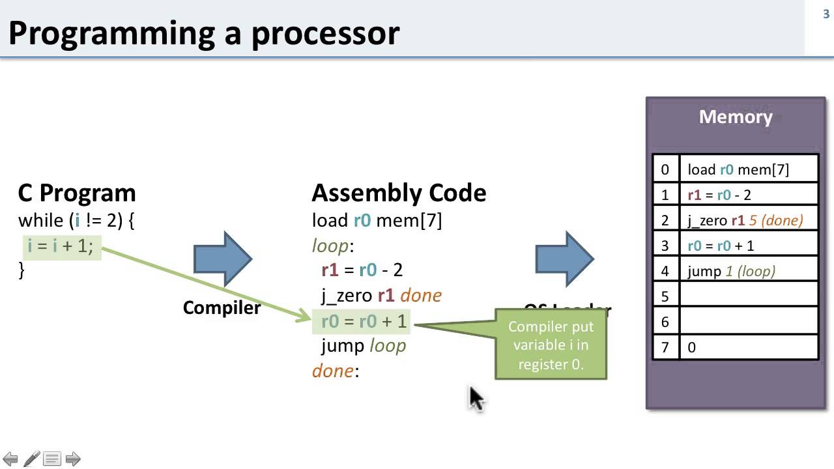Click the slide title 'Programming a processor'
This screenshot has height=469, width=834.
(x=203, y=33)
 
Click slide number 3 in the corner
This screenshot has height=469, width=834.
(x=826, y=14)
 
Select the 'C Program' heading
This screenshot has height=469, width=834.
(x=77, y=193)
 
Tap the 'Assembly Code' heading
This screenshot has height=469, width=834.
(x=399, y=193)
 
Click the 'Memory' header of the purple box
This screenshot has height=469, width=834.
(x=736, y=117)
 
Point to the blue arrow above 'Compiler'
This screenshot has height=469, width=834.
(x=223, y=259)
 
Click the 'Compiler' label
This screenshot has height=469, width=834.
(x=222, y=307)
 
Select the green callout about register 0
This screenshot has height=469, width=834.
(x=551, y=345)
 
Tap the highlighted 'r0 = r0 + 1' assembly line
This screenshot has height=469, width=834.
(x=363, y=320)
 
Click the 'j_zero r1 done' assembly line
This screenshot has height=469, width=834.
(x=381, y=295)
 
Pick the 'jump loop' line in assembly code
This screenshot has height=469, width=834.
(x=364, y=345)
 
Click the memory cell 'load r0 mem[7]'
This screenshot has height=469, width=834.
(x=748, y=169)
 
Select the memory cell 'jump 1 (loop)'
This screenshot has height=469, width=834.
(x=748, y=271)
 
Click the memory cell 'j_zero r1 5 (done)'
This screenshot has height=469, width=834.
(x=748, y=220)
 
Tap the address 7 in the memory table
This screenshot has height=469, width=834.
(x=665, y=347)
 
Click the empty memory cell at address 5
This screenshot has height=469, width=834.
(x=748, y=296)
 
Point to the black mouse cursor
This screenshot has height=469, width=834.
(x=475, y=397)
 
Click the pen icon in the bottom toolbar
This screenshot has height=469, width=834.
(x=31, y=459)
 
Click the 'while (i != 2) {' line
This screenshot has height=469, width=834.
(x=76, y=220)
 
